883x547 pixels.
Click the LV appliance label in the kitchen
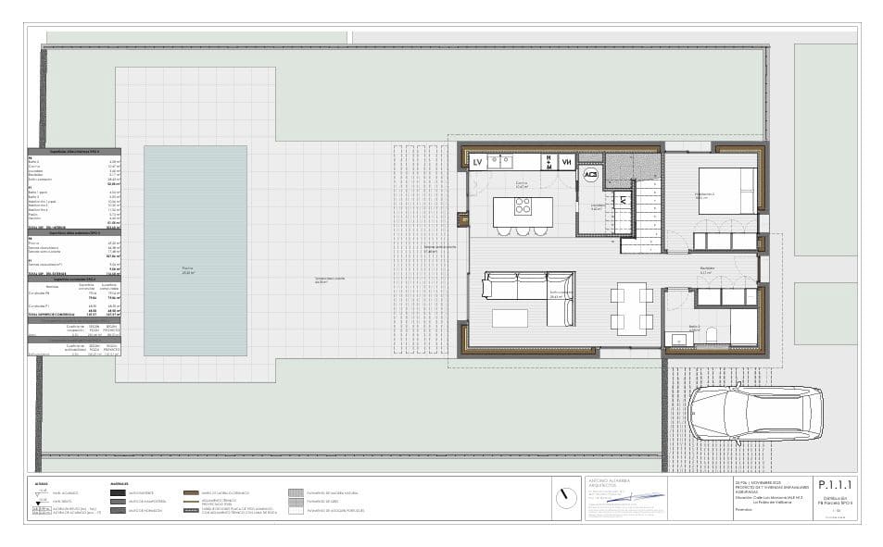[478, 163]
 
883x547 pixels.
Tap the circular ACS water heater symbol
[590, 175]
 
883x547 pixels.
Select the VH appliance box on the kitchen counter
[567, 163]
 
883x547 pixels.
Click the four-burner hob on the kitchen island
[523, 206]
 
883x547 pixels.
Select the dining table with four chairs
[631, 307]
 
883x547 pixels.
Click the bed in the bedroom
[727, 192]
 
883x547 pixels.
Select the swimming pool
[195, 250]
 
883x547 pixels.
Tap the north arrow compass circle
[564, 496]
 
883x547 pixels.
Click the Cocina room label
[522, 184]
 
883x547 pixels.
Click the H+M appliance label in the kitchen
[548, 163]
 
